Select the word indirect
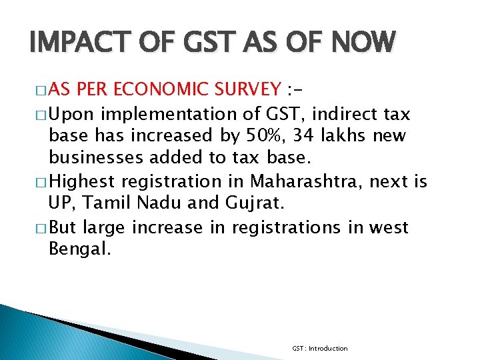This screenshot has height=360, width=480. coord(343,112)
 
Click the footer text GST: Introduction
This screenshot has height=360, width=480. coord(319,348)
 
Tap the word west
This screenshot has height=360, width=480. coord(388,227)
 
